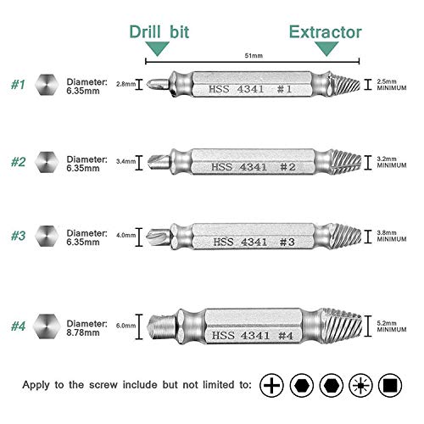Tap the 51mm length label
point(254,56)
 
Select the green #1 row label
point(18,85)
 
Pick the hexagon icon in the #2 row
point(47,162)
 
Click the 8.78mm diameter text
point(83,332)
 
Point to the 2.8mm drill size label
point(126,84)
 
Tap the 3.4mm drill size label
point(126,161)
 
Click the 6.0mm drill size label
point(126,326)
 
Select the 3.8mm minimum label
point(392,236)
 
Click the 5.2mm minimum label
point(392,326)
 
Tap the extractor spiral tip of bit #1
point(345,84)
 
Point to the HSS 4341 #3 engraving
point(254,242)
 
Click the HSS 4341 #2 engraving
point(254,167)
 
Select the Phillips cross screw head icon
point(271,385)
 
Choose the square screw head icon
point(390,385)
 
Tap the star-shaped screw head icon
point(360,385)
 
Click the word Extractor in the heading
point(325,32)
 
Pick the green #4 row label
point(18,326)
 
